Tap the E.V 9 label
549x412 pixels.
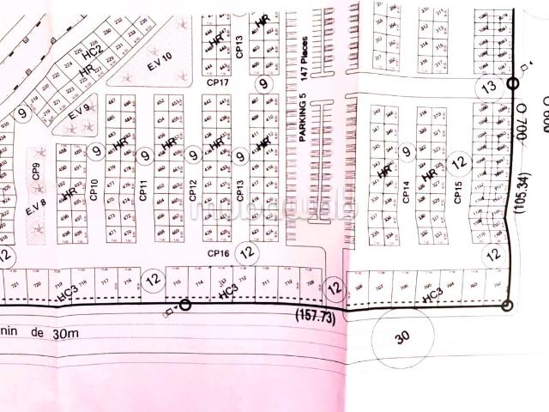pos(79,111)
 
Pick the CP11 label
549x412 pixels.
pos(143,191)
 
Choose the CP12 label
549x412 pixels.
pos(193,191)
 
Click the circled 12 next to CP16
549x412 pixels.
pos(247,252)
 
